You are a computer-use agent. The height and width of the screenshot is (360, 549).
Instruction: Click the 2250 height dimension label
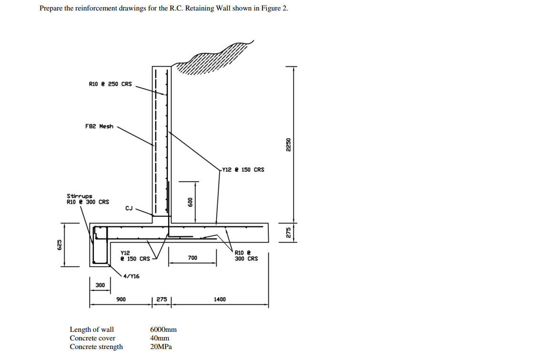click(x=288, y=144)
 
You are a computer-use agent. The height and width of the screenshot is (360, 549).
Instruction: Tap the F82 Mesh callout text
click(x=100, y=126)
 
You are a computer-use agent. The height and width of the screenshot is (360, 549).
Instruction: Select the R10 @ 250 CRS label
click(x=110, y=84)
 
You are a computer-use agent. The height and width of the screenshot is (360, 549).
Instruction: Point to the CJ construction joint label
click(x=129, y=208)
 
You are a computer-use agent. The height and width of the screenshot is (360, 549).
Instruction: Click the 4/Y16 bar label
click(x=132, y=276)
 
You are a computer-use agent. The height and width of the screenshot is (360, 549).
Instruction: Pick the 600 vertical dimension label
click(x=190, y=202)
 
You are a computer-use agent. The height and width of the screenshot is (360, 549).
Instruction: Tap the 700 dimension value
click(x=193, y=258)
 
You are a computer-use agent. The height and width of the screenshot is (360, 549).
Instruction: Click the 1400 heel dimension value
click(x=220, y=299)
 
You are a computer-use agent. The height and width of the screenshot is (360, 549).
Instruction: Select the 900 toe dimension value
click(x=121, y=299)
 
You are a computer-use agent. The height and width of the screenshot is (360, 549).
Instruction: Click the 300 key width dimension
click(x=100, y=285)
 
